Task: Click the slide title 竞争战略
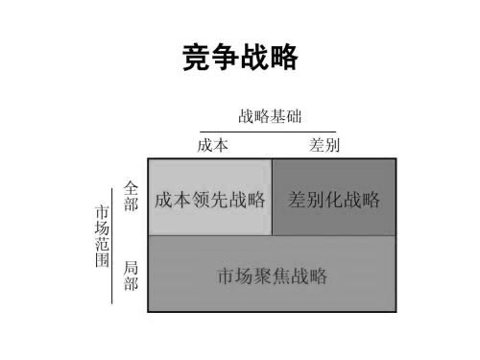coord(240,58)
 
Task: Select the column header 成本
coord(212,145)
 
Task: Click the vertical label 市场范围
coord(102,235)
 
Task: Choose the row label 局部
coord(132,276)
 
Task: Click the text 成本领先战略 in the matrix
coord(210,201)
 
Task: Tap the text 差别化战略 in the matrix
coord(334,201)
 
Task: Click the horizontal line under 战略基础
coord(269,132)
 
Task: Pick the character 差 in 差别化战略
coord(298,201)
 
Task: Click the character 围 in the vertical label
coord(102,261)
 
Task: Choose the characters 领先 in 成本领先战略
coord(210,201)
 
